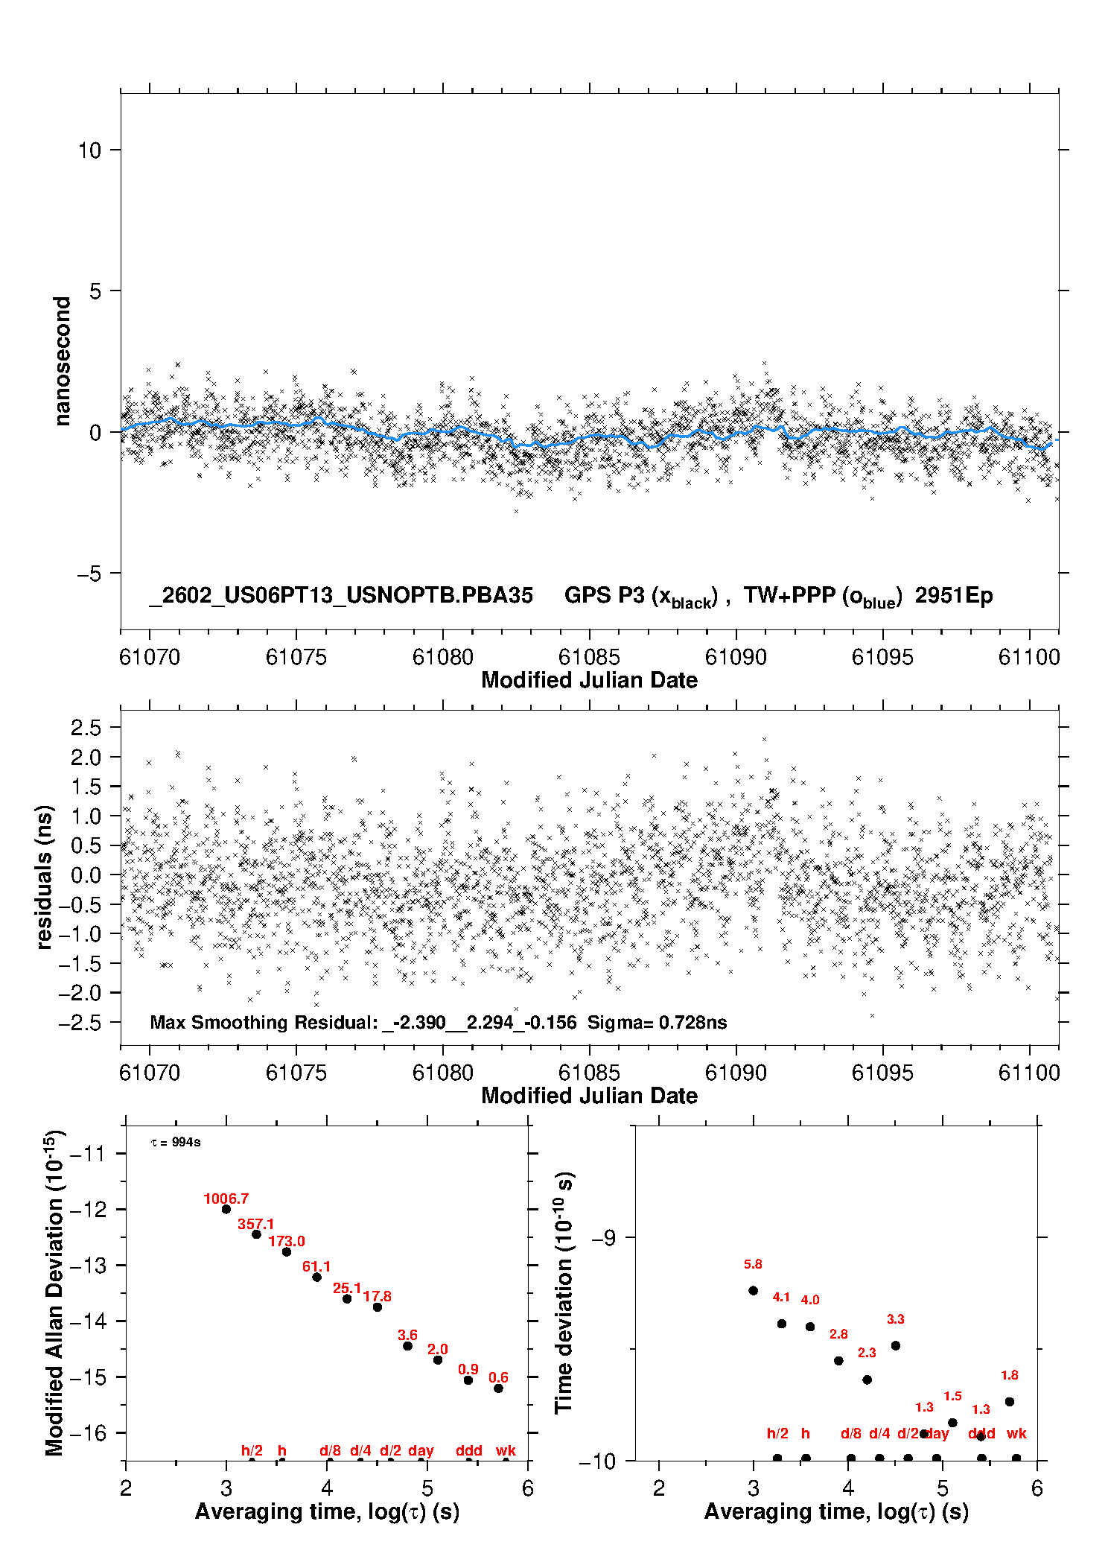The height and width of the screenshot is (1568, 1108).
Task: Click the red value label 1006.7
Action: tap(226, 1199)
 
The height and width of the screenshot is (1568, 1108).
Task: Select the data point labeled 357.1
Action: tap(256, 1234)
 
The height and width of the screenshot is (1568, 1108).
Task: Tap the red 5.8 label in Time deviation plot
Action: tap(753, 1264)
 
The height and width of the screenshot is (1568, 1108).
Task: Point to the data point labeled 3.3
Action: tap(896, 1345)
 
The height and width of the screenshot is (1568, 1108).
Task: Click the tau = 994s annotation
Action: tap(176, 1143)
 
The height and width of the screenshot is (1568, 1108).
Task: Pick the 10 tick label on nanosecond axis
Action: tap(89, 150)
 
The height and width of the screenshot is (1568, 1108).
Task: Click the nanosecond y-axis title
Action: tap(62, 361)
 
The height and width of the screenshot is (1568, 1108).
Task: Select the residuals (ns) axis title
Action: tap(45, 877)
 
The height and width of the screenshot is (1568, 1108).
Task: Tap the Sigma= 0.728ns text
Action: tap(657, 1022)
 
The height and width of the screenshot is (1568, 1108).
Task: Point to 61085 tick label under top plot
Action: tap(589, 657)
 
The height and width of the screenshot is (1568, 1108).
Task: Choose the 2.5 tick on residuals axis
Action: tap(86, 728)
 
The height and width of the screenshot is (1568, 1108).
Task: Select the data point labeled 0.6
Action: tap(499, 1388)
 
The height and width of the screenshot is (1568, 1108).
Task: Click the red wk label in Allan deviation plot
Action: tap(506, 1450)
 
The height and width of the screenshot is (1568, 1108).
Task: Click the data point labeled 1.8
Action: tap(1010, 1401)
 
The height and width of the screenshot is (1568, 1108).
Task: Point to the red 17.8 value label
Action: tap(377, 1296)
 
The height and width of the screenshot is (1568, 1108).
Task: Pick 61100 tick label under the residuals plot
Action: tap(1028, 1073)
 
